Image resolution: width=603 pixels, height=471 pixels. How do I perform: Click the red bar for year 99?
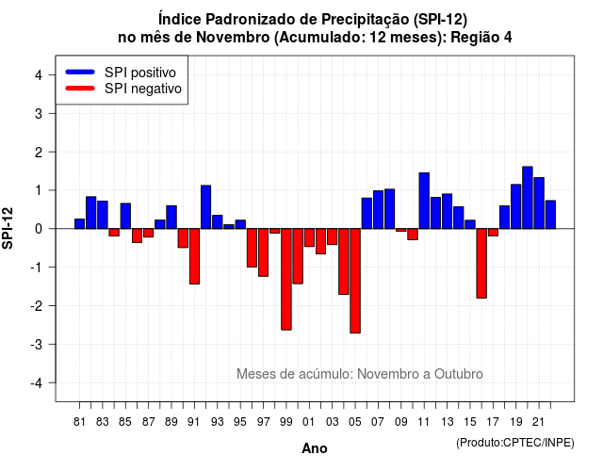coord(286,279)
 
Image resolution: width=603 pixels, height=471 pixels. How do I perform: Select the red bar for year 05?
coord(355,281)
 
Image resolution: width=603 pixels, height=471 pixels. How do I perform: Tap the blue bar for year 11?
coord(424,201)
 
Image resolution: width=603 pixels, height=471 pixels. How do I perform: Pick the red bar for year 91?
coord(194,256)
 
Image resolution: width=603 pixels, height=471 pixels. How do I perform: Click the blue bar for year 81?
coord(79,224)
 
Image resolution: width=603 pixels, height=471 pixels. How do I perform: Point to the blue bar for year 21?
coord(539,203)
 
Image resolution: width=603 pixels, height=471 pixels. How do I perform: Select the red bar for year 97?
coord(264,252)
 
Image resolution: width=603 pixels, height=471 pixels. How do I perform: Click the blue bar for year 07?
coord(378,209)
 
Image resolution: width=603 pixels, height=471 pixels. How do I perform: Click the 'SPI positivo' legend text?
coord(140,73)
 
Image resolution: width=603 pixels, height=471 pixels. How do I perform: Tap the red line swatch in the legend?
coord(80,89)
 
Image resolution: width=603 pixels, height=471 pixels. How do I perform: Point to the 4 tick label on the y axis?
coord(39,75)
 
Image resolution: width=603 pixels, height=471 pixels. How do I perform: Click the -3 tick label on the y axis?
coord(36,344)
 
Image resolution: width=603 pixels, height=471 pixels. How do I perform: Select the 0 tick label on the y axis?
coord(39,229)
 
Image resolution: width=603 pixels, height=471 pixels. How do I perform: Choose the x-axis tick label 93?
coord(218,422)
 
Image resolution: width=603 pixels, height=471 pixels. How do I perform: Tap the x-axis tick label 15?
coord(470,422)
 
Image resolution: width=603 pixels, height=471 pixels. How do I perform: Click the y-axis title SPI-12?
coord(8,228)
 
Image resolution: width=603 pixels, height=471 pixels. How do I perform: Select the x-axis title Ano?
coord(315,448)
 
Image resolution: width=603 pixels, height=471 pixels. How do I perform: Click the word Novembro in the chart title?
coord(233,38)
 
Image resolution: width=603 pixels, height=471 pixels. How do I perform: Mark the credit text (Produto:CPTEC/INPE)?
coord(515,443)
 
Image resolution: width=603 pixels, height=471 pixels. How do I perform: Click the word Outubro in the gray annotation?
coord(459,374)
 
